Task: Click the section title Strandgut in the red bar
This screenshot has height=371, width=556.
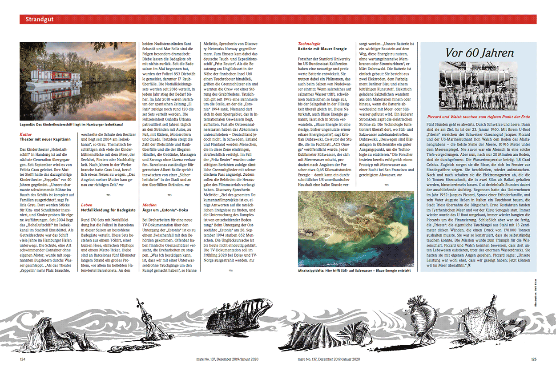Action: (40, 19)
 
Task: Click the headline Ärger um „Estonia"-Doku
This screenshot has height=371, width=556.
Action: (165, 209)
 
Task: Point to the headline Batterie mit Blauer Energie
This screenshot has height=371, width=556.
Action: (322, 48)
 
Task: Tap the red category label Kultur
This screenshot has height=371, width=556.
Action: (26, 134)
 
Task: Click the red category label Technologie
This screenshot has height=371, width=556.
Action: (309, 44)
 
